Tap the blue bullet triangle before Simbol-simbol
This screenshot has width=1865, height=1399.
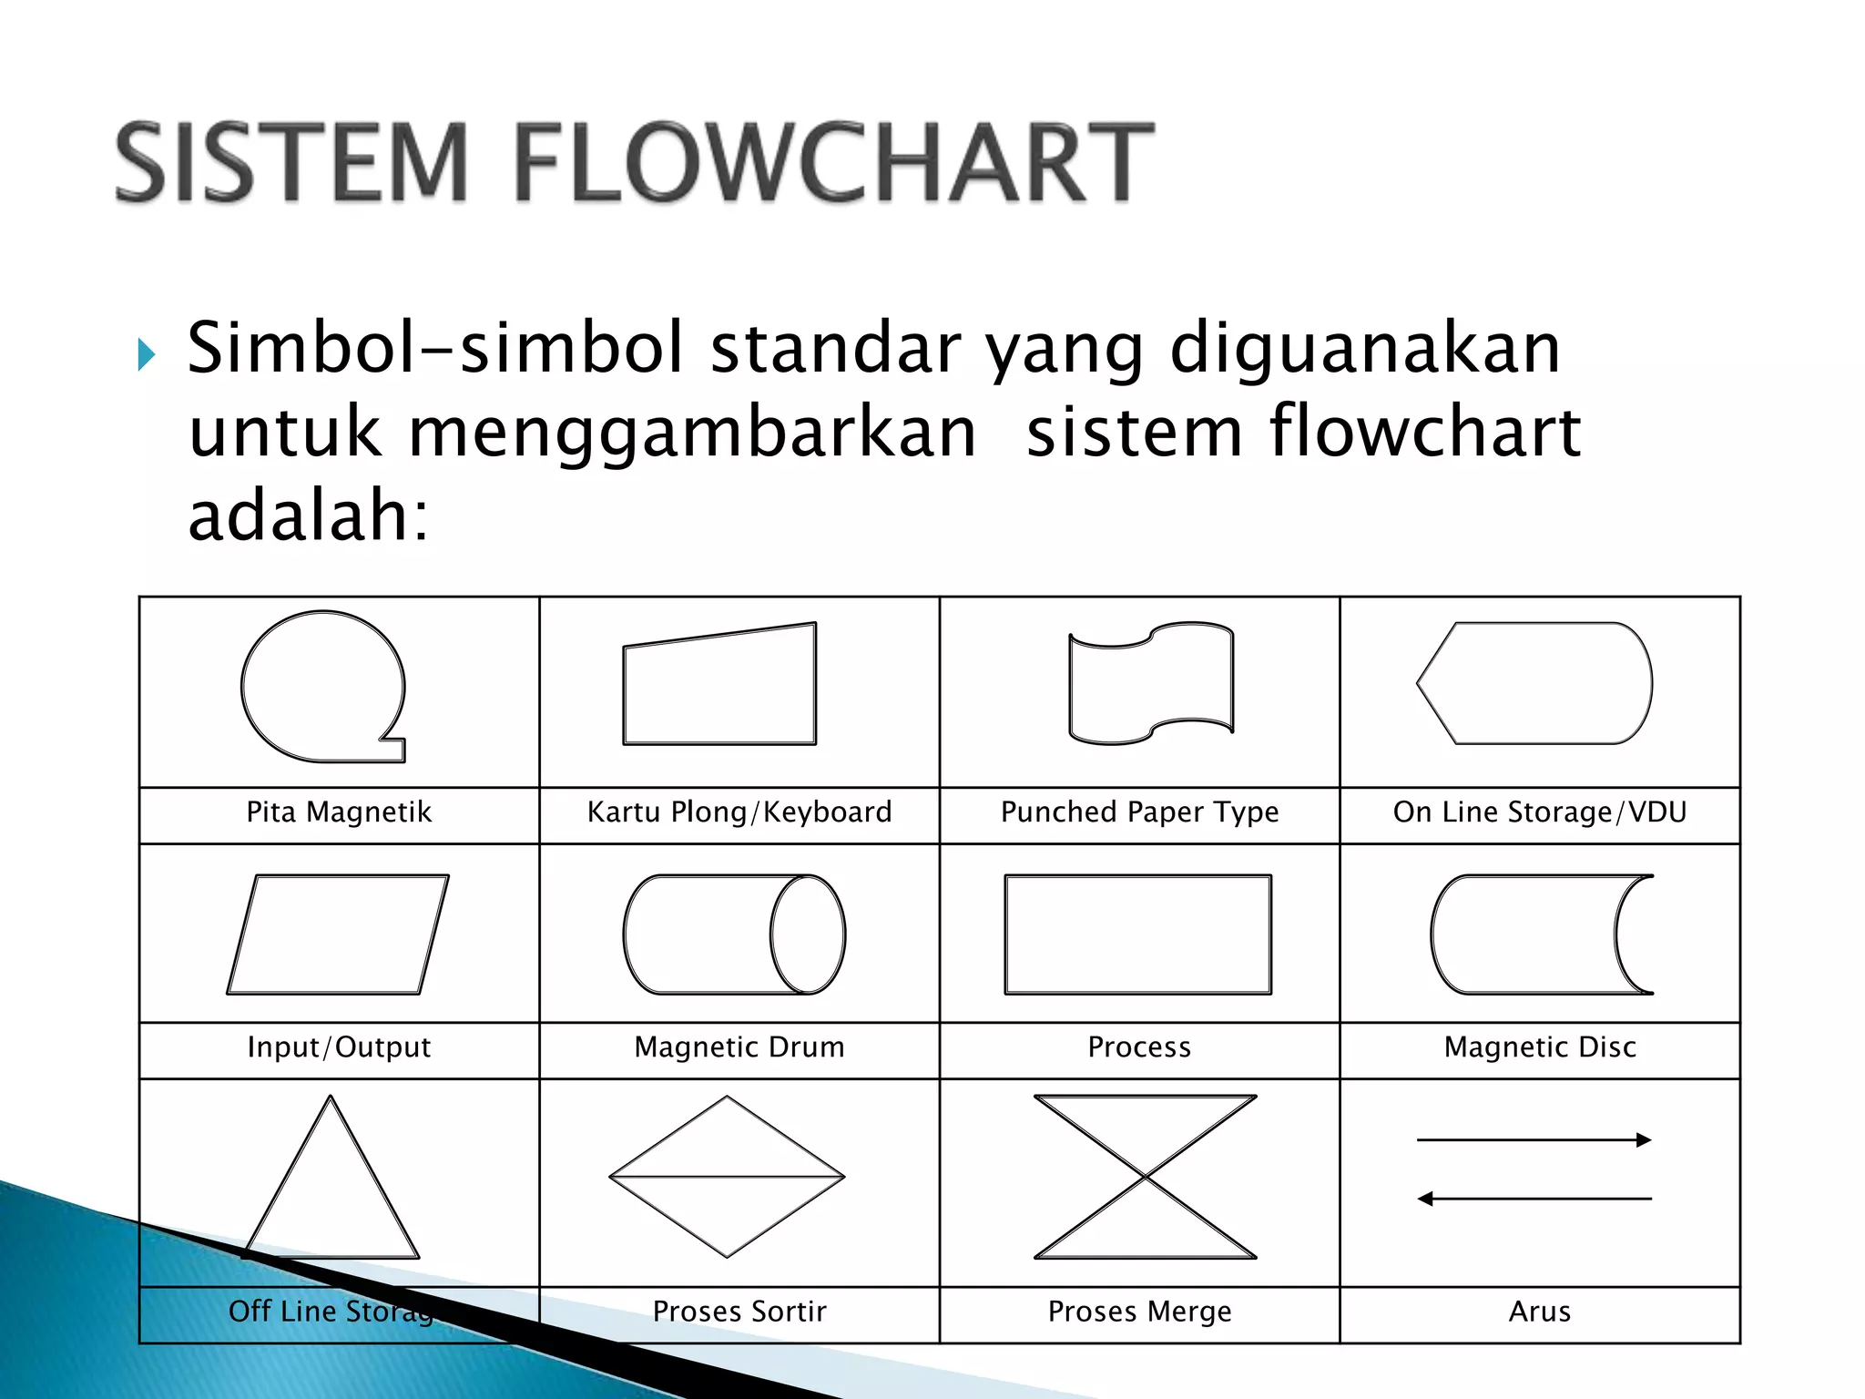[147, 354]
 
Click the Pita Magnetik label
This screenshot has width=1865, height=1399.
[339, 812]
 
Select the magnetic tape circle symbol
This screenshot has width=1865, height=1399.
[323, 686]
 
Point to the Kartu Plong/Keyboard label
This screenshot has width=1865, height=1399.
[739, 812]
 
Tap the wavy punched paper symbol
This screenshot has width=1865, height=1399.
[1151, 683]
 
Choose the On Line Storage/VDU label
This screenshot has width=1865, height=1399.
[1540, 812]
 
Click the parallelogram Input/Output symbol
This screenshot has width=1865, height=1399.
[338, 934]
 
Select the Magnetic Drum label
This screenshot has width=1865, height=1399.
[739, 1047]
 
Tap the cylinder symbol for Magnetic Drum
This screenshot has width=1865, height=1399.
[734, 934]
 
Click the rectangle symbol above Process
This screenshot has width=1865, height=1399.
[1138, 934]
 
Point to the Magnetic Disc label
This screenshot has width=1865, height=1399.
[1540, 1047]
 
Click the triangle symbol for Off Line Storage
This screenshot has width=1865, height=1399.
[331, 1193]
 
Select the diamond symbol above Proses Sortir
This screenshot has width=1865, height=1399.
[727, 1177]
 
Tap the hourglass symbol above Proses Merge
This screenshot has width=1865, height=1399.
[1146, 1177]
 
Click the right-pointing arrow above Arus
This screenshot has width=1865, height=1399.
[1534, 1139]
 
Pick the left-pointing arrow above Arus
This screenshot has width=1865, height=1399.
[1534, 1199]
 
